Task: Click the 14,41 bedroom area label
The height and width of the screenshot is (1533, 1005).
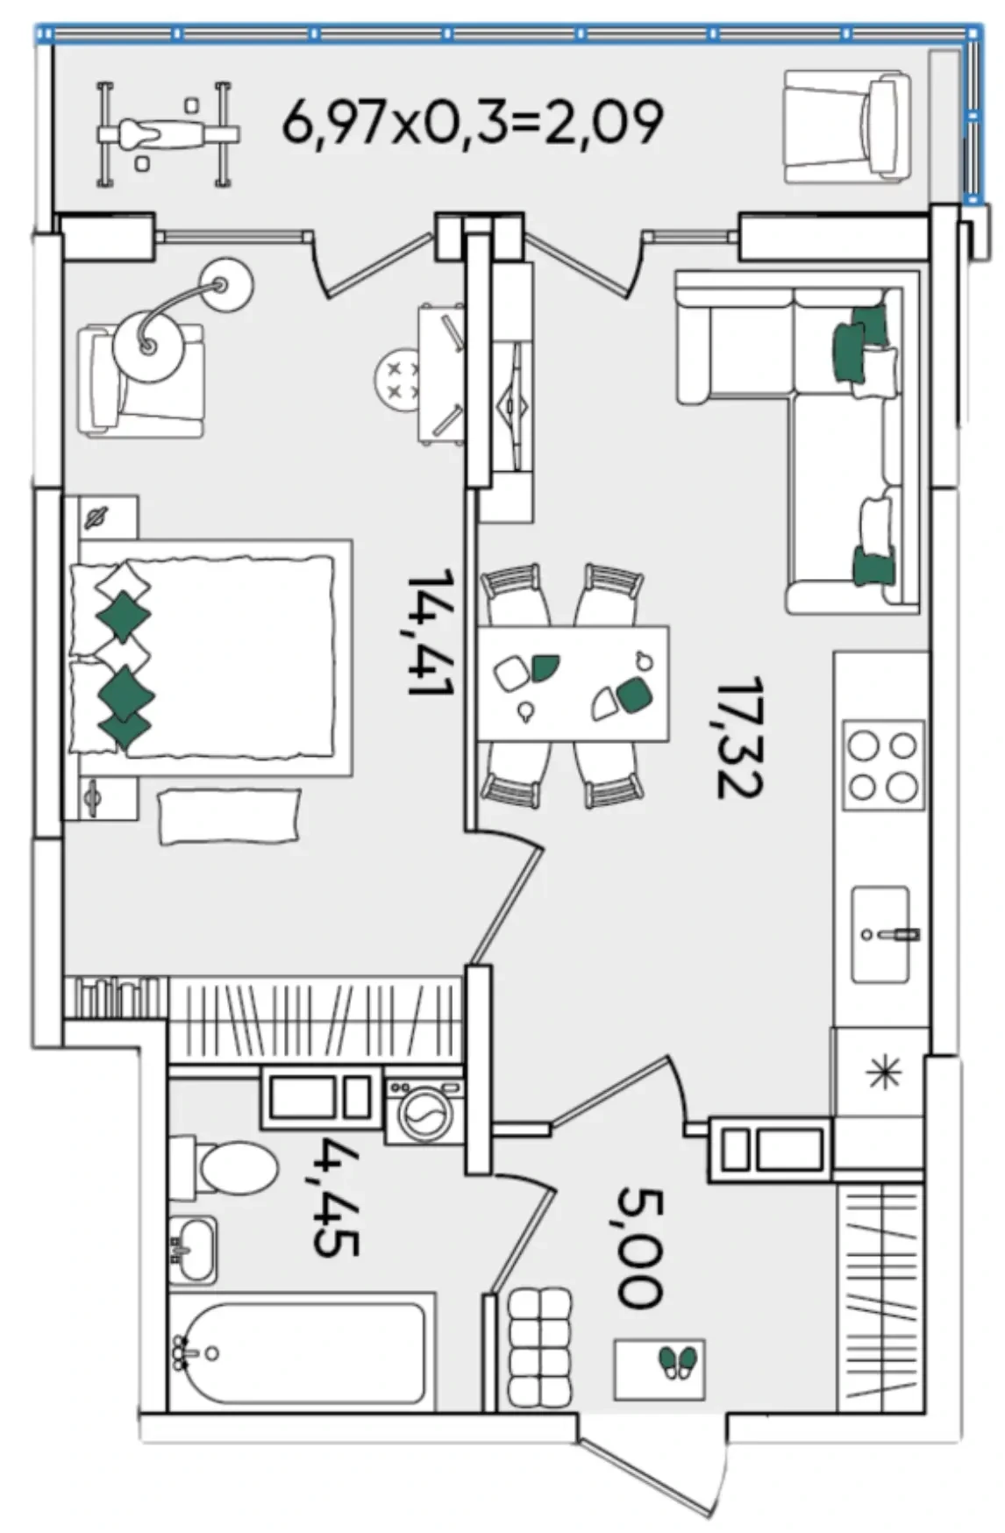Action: tap(430, 632)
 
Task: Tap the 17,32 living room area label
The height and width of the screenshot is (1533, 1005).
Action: tap(738, 737)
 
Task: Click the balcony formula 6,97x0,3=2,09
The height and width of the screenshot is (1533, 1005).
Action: tap(472, 122)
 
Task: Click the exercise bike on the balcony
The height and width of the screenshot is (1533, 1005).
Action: tap(167, 134)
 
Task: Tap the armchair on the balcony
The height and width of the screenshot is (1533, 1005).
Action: tap(847, 127)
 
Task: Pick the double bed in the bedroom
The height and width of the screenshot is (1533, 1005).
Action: tap(210, 658)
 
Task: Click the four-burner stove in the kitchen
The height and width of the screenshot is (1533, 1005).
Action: tap(883, 766)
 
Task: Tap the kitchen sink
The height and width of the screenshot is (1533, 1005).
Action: tap(880, 933)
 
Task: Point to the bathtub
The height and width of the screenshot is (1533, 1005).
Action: tap(298, 1355)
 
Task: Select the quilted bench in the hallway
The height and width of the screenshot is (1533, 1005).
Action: tap(540, 1347)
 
